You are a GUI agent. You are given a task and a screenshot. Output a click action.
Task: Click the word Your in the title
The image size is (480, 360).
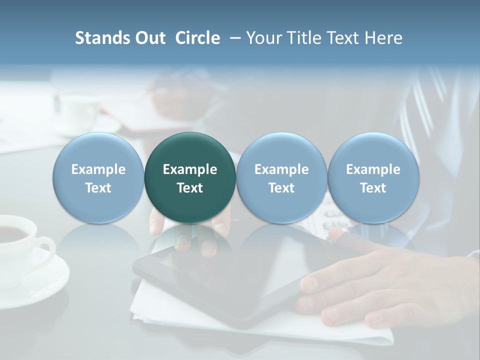click(x=262, y=38)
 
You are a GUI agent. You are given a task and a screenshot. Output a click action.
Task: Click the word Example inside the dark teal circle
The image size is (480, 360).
click(x=190, y=169)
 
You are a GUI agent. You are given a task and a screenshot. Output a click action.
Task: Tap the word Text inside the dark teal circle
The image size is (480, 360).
click(x=190, y=188)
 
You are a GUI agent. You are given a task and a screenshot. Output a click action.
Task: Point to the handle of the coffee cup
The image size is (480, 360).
click(x=46, y=250)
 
